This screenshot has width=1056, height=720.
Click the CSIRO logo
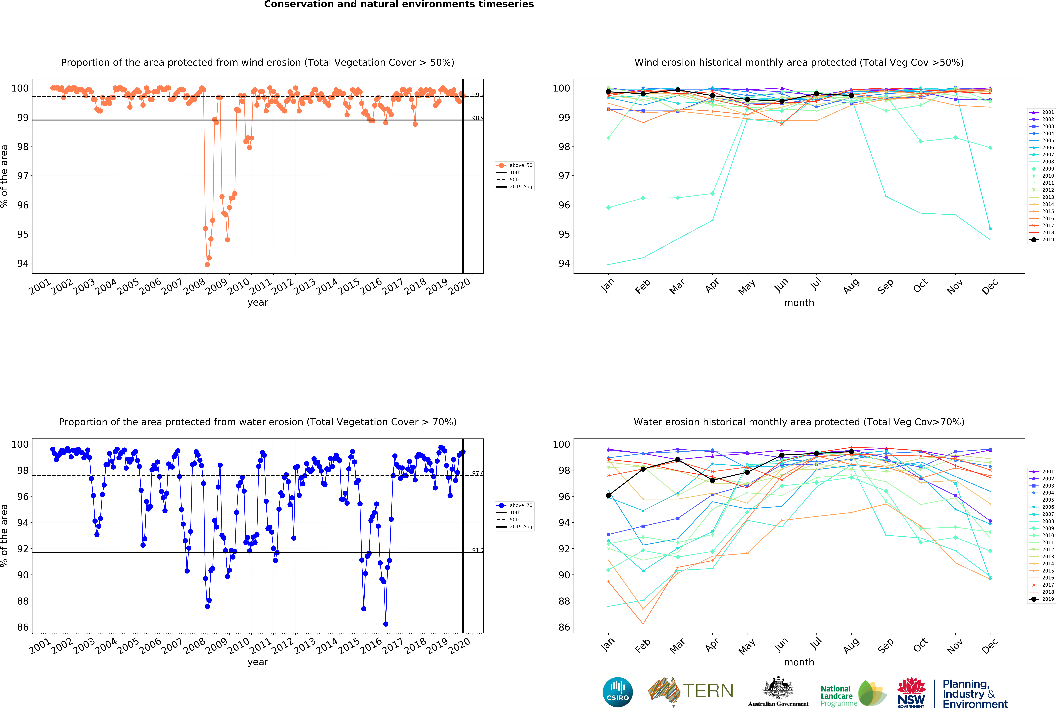[x=618, y=692]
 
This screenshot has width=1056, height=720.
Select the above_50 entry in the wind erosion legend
[x=515, y=165]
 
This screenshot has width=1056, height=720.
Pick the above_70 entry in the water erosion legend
[x=515, y=505]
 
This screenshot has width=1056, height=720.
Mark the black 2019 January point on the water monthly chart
[x=608, y=495]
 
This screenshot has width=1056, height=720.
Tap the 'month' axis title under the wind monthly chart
[x=799, y=303]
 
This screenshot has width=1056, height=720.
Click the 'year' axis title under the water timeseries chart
[x=258, y=662]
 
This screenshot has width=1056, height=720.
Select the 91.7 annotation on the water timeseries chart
[x=478, y=551]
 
